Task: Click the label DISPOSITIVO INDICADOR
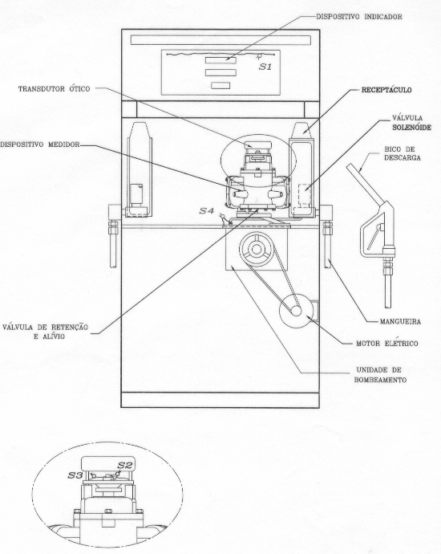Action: coord(358,17)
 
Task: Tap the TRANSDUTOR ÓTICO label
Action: coord(54,89)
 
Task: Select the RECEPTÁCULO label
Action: coord(386,90)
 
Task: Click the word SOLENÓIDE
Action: coord(411,128)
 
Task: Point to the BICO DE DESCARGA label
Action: coord(403,153)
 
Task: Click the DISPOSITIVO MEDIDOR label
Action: coord(40,145)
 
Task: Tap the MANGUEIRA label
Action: coord(400,322)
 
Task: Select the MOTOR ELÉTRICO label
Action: coord(386,344)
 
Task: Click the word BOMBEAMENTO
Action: coord(380,380)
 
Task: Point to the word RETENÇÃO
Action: coord(69,327)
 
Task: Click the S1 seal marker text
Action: coord(265,67)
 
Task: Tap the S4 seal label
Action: coord(206,211)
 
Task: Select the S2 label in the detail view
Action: coord(124,466)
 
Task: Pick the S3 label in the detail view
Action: coord(75,475)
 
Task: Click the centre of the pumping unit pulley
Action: coord(257,248)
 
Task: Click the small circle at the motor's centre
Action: coord(296,311)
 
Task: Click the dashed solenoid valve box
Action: coord(304,195)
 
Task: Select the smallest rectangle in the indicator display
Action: coord(220,85)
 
